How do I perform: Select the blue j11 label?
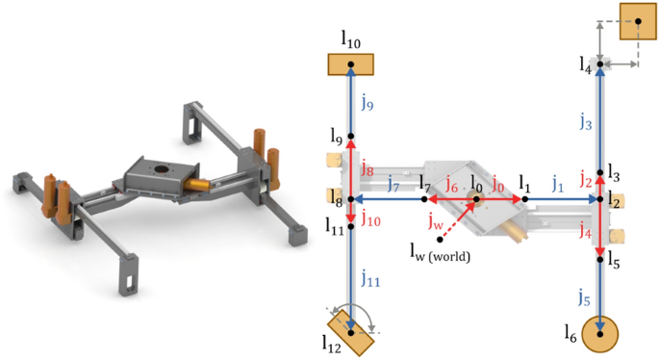[368, 279]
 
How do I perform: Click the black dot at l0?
[473, 200]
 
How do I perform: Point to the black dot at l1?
[524, 200]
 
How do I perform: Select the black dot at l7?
[425, 200]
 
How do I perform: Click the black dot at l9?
[351, 136]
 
